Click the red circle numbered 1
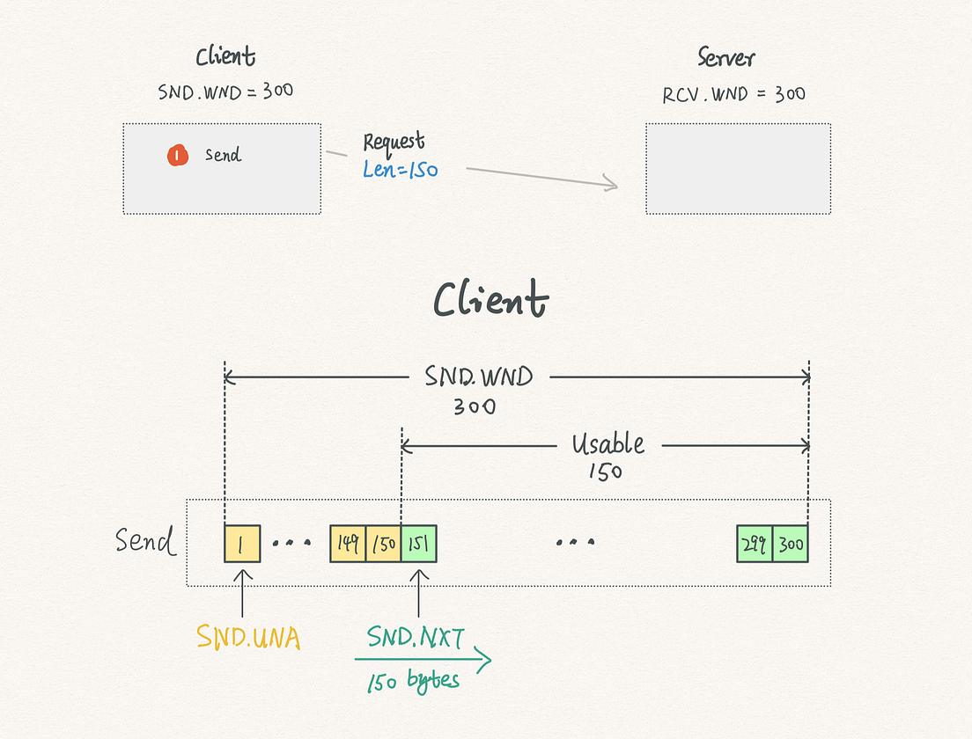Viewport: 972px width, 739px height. [178, 156]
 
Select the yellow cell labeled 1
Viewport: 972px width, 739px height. [242, 544]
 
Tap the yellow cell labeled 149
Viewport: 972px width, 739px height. [348, 544]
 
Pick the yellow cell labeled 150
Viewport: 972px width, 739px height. [383, 544]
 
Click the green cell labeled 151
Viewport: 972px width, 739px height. [419, 544]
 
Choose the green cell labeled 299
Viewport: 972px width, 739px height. [755, 544]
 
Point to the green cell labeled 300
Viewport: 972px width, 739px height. [791, 544]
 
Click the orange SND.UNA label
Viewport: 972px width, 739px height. [248, 637]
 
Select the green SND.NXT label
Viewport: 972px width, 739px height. [415, 637]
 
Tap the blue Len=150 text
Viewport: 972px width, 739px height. [401, 170]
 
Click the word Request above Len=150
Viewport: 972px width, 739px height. [394, 142]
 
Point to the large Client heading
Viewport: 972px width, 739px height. [490, 300]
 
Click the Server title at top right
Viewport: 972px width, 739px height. [726, 59]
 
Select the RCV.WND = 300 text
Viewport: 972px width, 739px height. [733, 94]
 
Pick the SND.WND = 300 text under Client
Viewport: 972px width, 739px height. [225, 91]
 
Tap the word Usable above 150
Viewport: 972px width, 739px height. [607, 444]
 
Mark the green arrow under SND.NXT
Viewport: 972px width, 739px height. [423, 658]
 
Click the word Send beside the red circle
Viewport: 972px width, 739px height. [223, 156]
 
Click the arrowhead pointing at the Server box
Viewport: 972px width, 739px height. [609, 184]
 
